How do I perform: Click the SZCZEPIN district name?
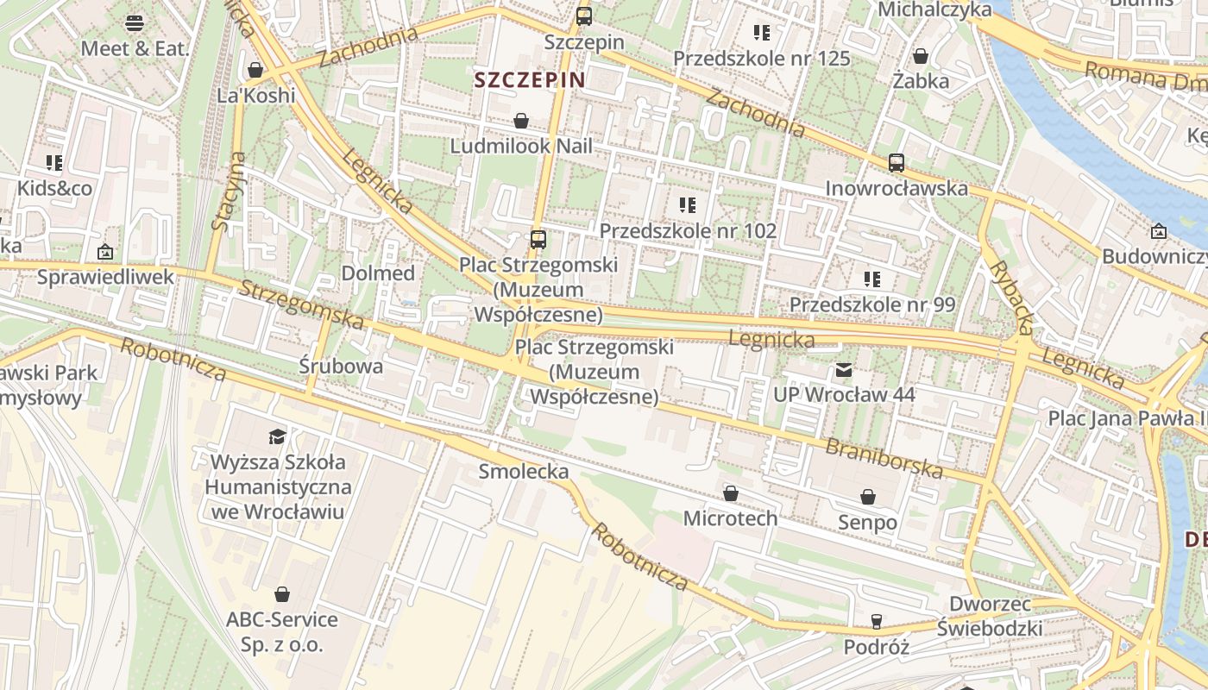[530, 80]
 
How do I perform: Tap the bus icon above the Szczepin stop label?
[584, 16]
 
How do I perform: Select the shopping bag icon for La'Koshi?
[255, 70]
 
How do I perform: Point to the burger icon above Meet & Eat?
[135, 22]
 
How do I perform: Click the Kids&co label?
[55, 188]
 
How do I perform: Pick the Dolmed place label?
[378, 273]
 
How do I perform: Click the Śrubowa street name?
[341, 365]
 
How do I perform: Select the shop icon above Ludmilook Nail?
[521, 121]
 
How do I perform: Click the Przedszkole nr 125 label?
[762, 59]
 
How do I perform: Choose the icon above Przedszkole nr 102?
[688, 205]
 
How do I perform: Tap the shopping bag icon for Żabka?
[922, 56]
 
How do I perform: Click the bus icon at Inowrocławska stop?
[897, 162]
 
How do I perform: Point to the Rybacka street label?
[1010, 297]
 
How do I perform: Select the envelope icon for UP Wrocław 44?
[843, 371]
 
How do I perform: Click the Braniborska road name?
[884, 458]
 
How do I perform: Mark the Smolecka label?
[524, 471]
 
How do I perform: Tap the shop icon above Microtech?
[731, 493]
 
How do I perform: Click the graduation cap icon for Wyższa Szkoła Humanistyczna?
[277, 436]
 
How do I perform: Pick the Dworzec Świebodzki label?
[995, 616]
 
